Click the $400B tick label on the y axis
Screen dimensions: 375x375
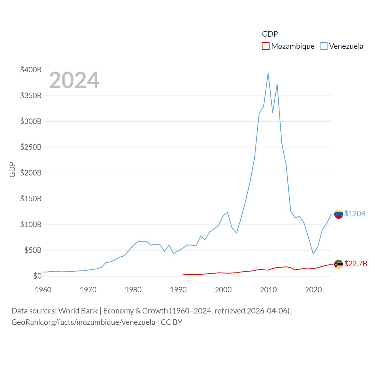(x=31, y=70)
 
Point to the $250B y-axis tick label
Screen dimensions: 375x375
(x=31, y=147)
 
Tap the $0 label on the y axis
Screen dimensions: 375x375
(x=37, y=276)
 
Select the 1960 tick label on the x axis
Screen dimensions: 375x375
(x=43, y=290)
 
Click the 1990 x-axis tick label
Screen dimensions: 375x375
(x=178, y=290)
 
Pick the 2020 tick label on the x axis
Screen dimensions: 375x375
(x=313, y=290)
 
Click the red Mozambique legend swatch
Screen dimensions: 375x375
(x=265, y=46)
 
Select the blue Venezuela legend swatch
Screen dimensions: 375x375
(x=323, y=46)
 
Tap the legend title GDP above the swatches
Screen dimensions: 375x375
(x=270, y=34)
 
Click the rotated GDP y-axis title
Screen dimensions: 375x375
(x=12, y=169)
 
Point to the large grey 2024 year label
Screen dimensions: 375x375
(x=74, y=80)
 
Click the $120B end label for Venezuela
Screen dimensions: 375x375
(x=355, y=214)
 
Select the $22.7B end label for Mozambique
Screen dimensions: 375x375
(x=356, y=264)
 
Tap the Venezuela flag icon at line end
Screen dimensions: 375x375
(x=338, y=214)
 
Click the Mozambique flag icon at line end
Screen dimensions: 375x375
(x=338, y=264)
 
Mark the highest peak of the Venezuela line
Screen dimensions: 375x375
(x=268, y=74)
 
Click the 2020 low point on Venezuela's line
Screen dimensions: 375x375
(x=313, y=254)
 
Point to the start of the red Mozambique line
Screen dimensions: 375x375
(x=183, y=274)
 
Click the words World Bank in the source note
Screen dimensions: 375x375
(x=78, y=311)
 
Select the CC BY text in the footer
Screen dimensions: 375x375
(x=171, y=322)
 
